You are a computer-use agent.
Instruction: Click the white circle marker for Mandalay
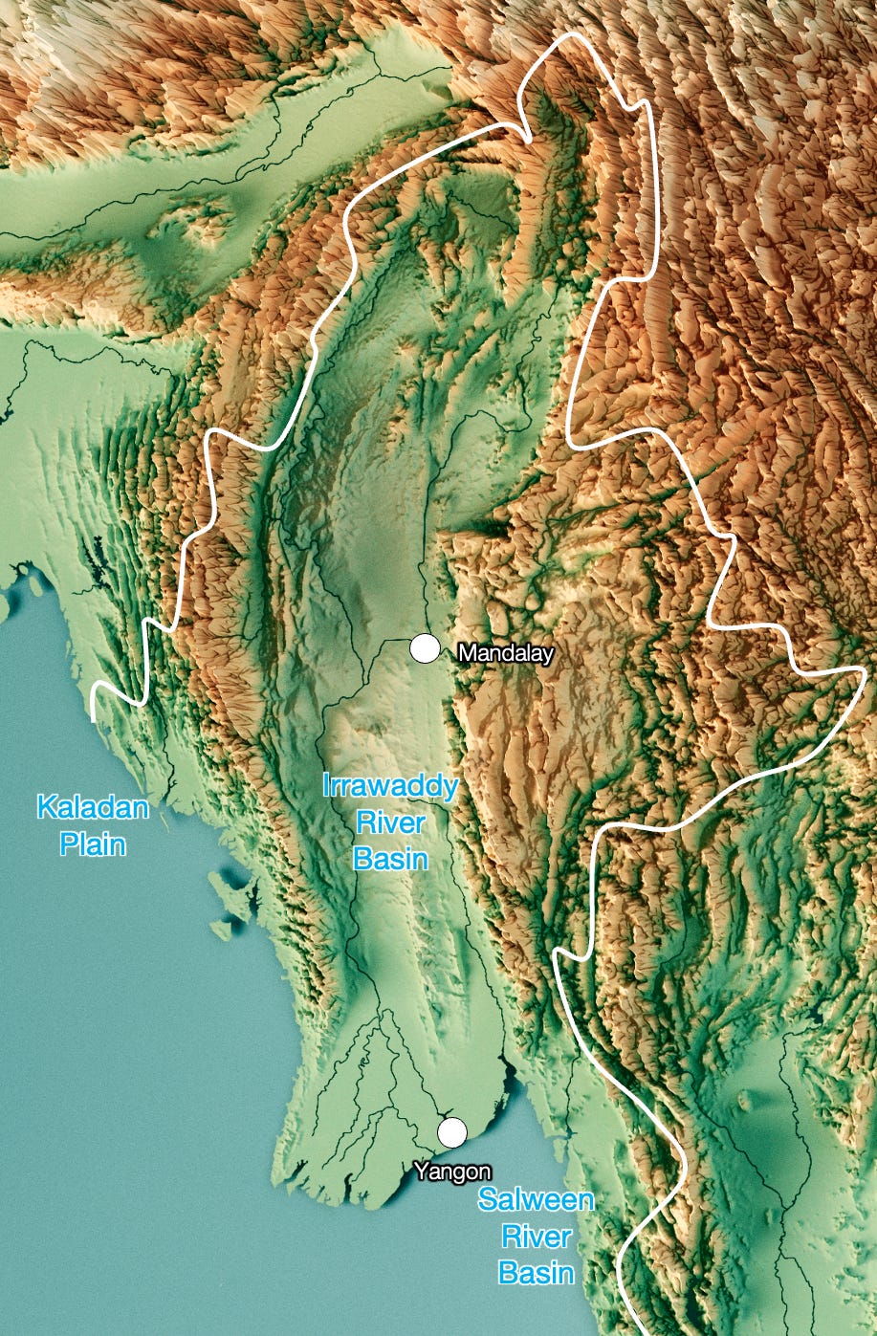tap(425, 648)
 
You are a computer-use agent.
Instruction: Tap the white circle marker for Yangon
tap(452, 1131)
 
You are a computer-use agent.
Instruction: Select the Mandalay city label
tap(505, 654)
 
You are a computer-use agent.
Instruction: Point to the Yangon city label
tap(452, 1172)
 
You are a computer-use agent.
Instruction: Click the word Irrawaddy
tap(390, 788)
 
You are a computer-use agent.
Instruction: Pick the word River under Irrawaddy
tap(390, 822)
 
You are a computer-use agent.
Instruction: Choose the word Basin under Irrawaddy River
tap(390, 858)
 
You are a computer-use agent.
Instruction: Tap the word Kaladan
tap(93, 808)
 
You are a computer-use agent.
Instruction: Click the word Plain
tap(93, 843)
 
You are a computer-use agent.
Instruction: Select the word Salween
tap(537, 1201)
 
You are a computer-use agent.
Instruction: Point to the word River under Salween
tap(537, 1237)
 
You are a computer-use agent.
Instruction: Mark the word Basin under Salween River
tap(537, 1272)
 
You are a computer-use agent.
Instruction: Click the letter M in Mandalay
tap(466, 654)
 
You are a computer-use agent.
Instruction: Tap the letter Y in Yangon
tap(420, 1172)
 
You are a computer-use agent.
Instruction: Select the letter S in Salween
tap(488, 1201)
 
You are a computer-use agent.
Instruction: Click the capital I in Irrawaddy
tap(326, 788)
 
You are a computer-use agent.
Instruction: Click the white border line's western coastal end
tap(94, 715)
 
